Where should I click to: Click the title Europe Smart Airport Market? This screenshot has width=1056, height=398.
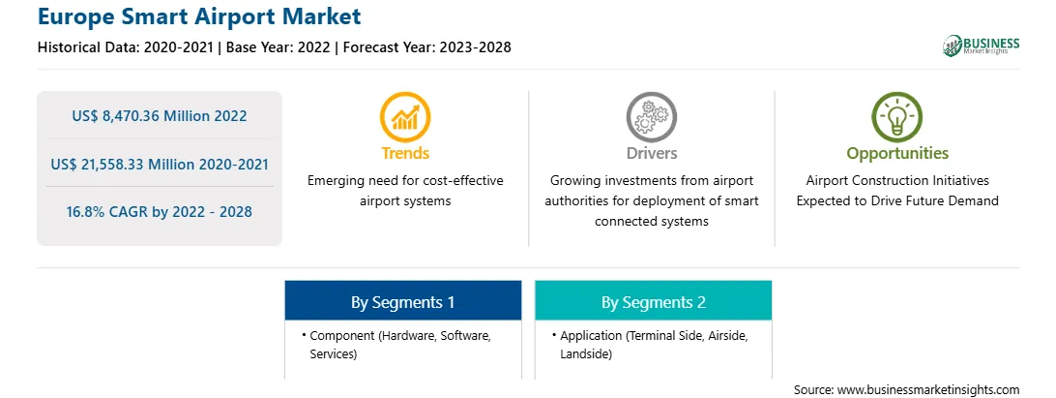point(199,16)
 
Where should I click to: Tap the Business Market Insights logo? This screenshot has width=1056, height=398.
point(981,46)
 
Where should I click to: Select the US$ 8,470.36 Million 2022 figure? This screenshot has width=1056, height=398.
point(160,116)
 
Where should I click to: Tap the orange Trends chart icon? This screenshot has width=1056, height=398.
point(405,116)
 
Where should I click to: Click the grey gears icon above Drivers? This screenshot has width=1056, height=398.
point(651,116)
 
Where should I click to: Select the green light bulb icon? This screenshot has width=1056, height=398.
point(897,116)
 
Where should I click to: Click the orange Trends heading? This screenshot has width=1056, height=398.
point(405,154)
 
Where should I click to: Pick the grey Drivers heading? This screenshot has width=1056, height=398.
point(652,154)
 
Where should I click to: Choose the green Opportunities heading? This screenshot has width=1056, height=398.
point(897,154)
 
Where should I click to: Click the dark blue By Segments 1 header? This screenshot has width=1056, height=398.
point(402,301)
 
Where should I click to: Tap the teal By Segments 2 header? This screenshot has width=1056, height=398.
point(654,301)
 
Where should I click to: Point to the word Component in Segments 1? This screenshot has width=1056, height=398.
point(341,335)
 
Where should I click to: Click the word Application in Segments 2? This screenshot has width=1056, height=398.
point(590,335)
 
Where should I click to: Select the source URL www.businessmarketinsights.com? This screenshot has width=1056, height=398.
point(928,390)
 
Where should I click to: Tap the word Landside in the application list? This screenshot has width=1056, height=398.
point(586,353)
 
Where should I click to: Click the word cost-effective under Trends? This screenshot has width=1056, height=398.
point(464,181)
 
